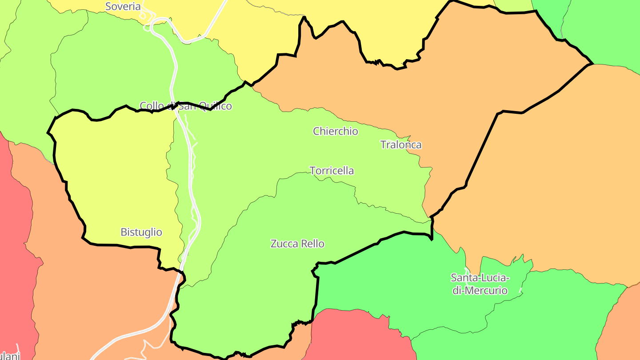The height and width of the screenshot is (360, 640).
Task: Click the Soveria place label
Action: tap(123, 7)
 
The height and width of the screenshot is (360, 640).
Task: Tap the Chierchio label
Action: tap(335, 131)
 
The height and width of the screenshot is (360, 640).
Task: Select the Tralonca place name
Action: tap(401, 145)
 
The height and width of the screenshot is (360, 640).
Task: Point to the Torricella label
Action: tap(332, 171)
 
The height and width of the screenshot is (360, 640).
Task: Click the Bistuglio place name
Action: tap(141, 232)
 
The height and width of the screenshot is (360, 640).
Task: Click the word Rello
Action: tap(313, 244)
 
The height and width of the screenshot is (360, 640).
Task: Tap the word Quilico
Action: tap(215, 106)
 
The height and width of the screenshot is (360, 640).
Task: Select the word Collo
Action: tap(150, 106)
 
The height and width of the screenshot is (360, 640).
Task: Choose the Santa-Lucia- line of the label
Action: tap(480, 278)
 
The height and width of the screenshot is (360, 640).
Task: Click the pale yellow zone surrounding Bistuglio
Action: tap(116, 178)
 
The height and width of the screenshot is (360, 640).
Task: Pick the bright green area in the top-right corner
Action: tap(609, 31)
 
